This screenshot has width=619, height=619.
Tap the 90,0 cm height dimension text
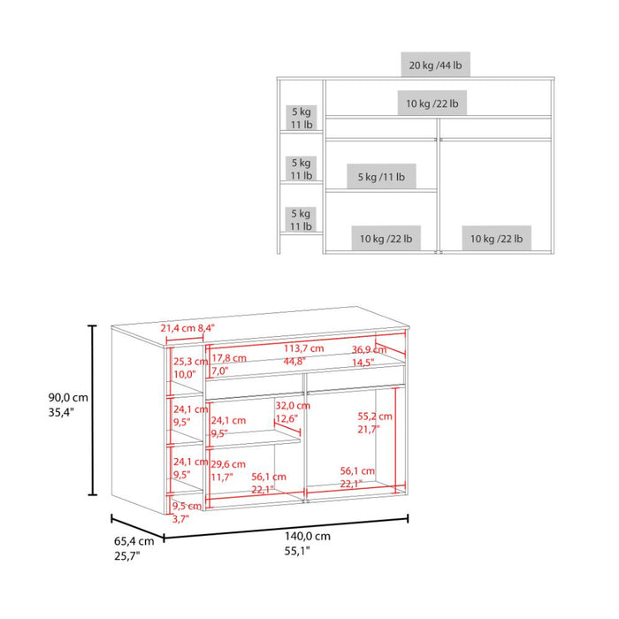[x=68, y=397]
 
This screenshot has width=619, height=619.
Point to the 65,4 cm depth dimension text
[x=134, y=541]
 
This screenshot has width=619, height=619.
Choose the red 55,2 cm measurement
[x=375, y=416]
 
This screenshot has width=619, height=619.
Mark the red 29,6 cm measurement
[x=227, y=463]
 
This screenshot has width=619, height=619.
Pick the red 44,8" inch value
[x=296, y=361]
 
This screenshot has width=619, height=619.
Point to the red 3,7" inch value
[x=180, y=519]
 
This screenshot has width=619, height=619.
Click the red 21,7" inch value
[x=369, y=429]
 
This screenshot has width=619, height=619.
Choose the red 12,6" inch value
[x=287, y=418]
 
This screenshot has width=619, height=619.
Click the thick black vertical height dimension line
[x=93, y=410]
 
